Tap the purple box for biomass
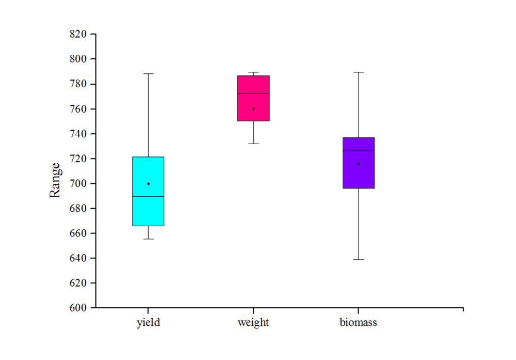pyautogui.click(x=359, y=176)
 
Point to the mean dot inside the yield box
pyautogui.click(x=148, y=184)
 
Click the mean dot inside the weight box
pyautogui.click(x=253, y=109)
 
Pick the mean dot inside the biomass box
pyautogui.click(x=359, y=164)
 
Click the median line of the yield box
pyautogui.click(x=148, y=197)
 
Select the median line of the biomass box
pyautogui.click(x=359, y=150)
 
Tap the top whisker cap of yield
pyautogui.click(x=148, y=74)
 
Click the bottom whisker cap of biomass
pyautogui.click(x=359, y=259)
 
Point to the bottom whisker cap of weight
pyautogui.click(x=253, y=144)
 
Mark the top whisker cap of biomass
pyautogui.click(x=359, y=72)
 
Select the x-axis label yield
pyautogui.click(x=148, y=323)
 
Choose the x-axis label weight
pyautogui.click(x=253, y=323)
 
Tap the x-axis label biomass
pyautogui.click(x=359, y=323)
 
